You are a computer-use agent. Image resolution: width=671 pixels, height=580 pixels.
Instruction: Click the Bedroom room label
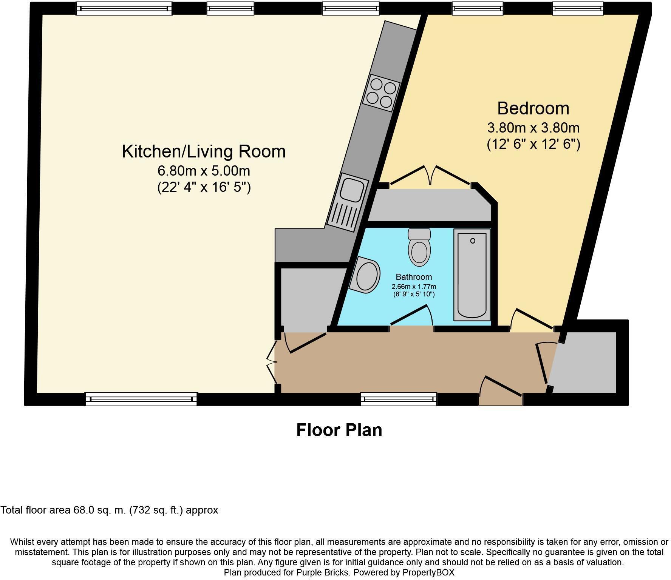click(x=533, y=108)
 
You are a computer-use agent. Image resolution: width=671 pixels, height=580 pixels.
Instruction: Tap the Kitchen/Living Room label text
click(x=204, y=151)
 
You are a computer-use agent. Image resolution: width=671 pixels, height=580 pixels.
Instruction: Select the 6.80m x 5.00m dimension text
click(x=204, y=171)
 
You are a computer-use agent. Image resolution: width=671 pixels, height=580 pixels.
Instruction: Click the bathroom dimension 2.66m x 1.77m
click(x=414, y=287)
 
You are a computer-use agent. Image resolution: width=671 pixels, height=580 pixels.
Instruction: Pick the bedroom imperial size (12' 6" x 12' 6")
click(x=533, y=144)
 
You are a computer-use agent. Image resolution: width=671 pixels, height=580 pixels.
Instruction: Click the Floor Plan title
click(x=339, y=430)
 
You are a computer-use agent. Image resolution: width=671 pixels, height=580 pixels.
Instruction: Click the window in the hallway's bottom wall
click(x=398, y=399)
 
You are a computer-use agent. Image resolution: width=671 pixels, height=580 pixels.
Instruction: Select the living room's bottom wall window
click(x=141, y=399)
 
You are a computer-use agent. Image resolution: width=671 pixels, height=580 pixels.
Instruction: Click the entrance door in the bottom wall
click(x=501, y=389)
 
